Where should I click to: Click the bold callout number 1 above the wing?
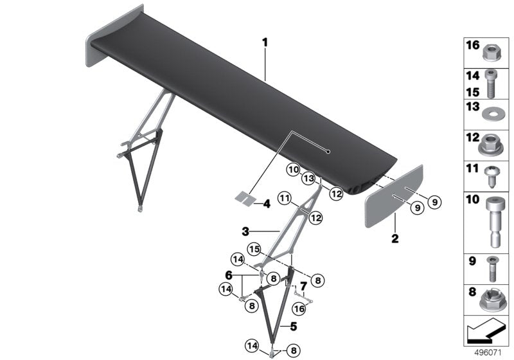[x=265, y=42]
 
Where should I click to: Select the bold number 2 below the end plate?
[x=395, y=239]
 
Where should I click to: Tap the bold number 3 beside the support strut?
[x=245, y=232]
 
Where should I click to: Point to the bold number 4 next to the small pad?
[x=267, y=204]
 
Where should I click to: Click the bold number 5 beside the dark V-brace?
[x=294, y=326]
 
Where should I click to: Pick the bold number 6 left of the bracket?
[x=229, y=274]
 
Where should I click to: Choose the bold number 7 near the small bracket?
[x=303, y=286]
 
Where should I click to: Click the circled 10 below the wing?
[x=294, y=170]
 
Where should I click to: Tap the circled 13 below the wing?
[x=308, y=179]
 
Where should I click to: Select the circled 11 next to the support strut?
[x=285, y=199]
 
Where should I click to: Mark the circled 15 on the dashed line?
[x=254, y=249]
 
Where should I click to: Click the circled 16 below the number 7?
[x=299, y=309]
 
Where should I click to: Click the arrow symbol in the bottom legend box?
[x=485, y=331]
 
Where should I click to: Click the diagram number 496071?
[x=488, y=353]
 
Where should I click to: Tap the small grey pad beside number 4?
[x=245, y=198]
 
